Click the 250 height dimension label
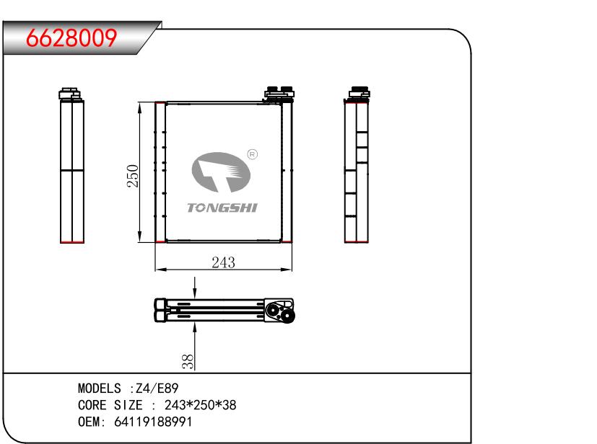[x=133, y=175]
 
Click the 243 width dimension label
[x=223, y=262]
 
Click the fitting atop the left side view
[x=69, y=93]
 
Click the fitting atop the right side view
[x=358, y=93]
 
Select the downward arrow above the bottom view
[x=195, y=288]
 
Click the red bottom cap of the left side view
[x=71, y=243]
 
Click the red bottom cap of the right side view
[x=357, y=243]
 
